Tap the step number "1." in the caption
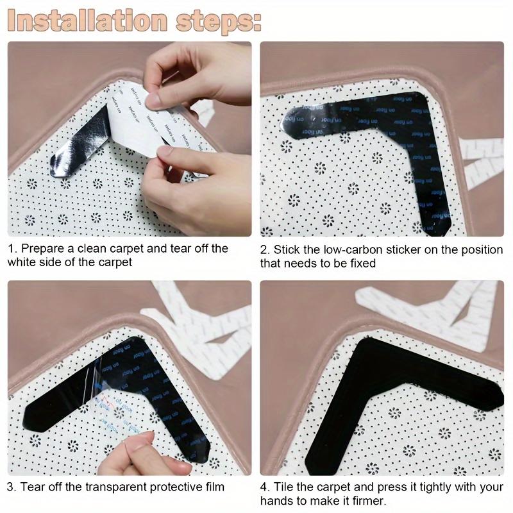[x=12, y=248]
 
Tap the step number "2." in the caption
[x=265, y=249]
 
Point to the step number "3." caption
[x=12, y=487]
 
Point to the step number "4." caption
[x=265, y=487]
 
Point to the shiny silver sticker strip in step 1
[x=77, y=147]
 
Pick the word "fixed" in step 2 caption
[x=360, y=263]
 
